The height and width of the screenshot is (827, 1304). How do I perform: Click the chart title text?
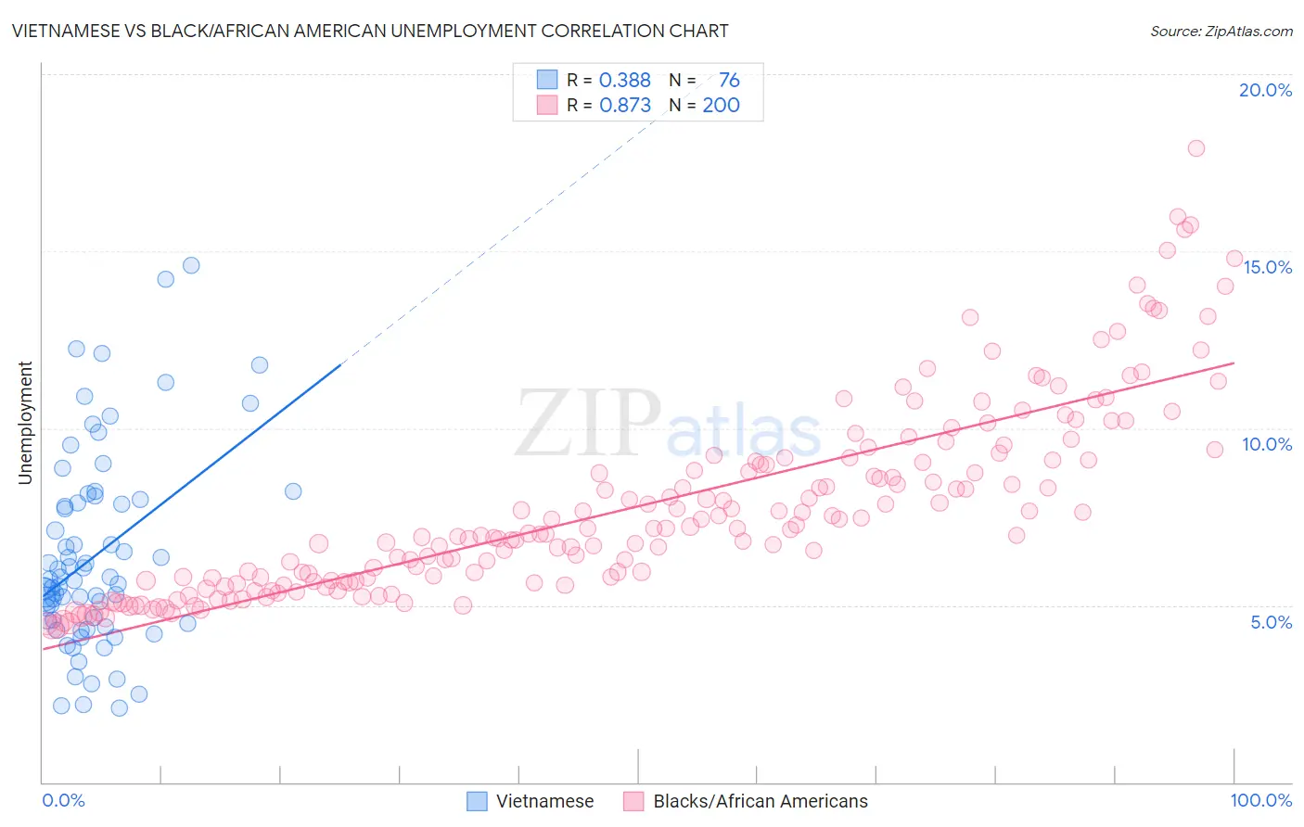tap(370, 31)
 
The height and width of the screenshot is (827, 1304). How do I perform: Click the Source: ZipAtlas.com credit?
tap(1221, 31)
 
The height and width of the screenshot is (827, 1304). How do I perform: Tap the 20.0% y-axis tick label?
tap(1265, 90)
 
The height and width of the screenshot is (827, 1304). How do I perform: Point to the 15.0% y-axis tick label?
tap(1267, 267)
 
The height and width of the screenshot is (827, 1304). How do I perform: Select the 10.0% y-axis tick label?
tap(1267, 444)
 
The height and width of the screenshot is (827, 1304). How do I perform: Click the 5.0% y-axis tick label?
tap(1271, 622)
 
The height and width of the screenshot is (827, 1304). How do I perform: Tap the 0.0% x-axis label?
tap(63, 800)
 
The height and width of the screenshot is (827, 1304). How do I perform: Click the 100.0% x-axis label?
tap(1260, 800)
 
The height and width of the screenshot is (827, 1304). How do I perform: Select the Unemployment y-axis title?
tap(25, 423)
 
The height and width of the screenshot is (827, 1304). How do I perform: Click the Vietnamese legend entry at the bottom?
tap(544, 801)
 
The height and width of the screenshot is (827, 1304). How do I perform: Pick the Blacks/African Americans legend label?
tap(761, 801)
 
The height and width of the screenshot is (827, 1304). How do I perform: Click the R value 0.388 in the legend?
tap(625, 81)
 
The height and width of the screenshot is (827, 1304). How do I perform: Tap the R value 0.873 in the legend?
tap(625, 106)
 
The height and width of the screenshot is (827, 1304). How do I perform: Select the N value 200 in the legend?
tap(721, 106)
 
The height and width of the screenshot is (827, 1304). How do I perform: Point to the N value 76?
tap(729, 81)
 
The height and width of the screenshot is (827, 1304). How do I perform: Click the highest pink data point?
tap(1196, 148)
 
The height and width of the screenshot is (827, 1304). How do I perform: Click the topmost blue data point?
tap(191, 265)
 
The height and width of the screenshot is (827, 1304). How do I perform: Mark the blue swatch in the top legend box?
tap(547, 80)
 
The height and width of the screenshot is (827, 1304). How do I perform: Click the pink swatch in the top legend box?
tap(547, 105)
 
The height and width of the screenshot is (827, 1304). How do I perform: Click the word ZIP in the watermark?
tap(588, 423)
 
